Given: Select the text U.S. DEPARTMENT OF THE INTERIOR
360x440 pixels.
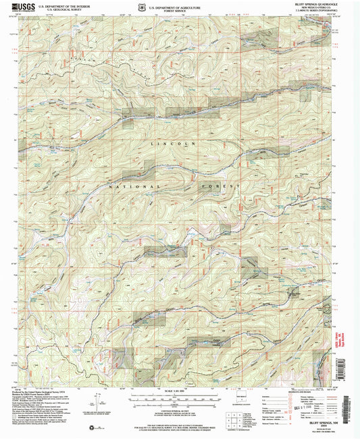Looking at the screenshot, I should point(60,3).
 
